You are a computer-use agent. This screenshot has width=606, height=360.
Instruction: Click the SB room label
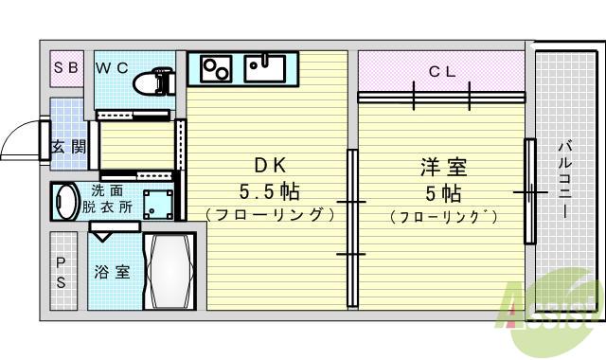pyautogui.click(x=66, y=67)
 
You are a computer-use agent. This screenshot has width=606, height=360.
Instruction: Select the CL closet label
pyautogui.click(x=442, y=70)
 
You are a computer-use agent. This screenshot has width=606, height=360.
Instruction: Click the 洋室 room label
pyautogui.click(x=443, y=169)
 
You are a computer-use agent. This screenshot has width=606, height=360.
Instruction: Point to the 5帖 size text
pyautogui.click(x=443, y=193)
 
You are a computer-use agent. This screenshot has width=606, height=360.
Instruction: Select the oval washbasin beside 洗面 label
pyautogui.click(x=65, y=202)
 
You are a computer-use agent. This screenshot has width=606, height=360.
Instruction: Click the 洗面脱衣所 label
pyautogui.click(x=106, y=198)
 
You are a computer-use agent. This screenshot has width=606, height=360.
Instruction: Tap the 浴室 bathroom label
pyautogui.click(x=112, y=272)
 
